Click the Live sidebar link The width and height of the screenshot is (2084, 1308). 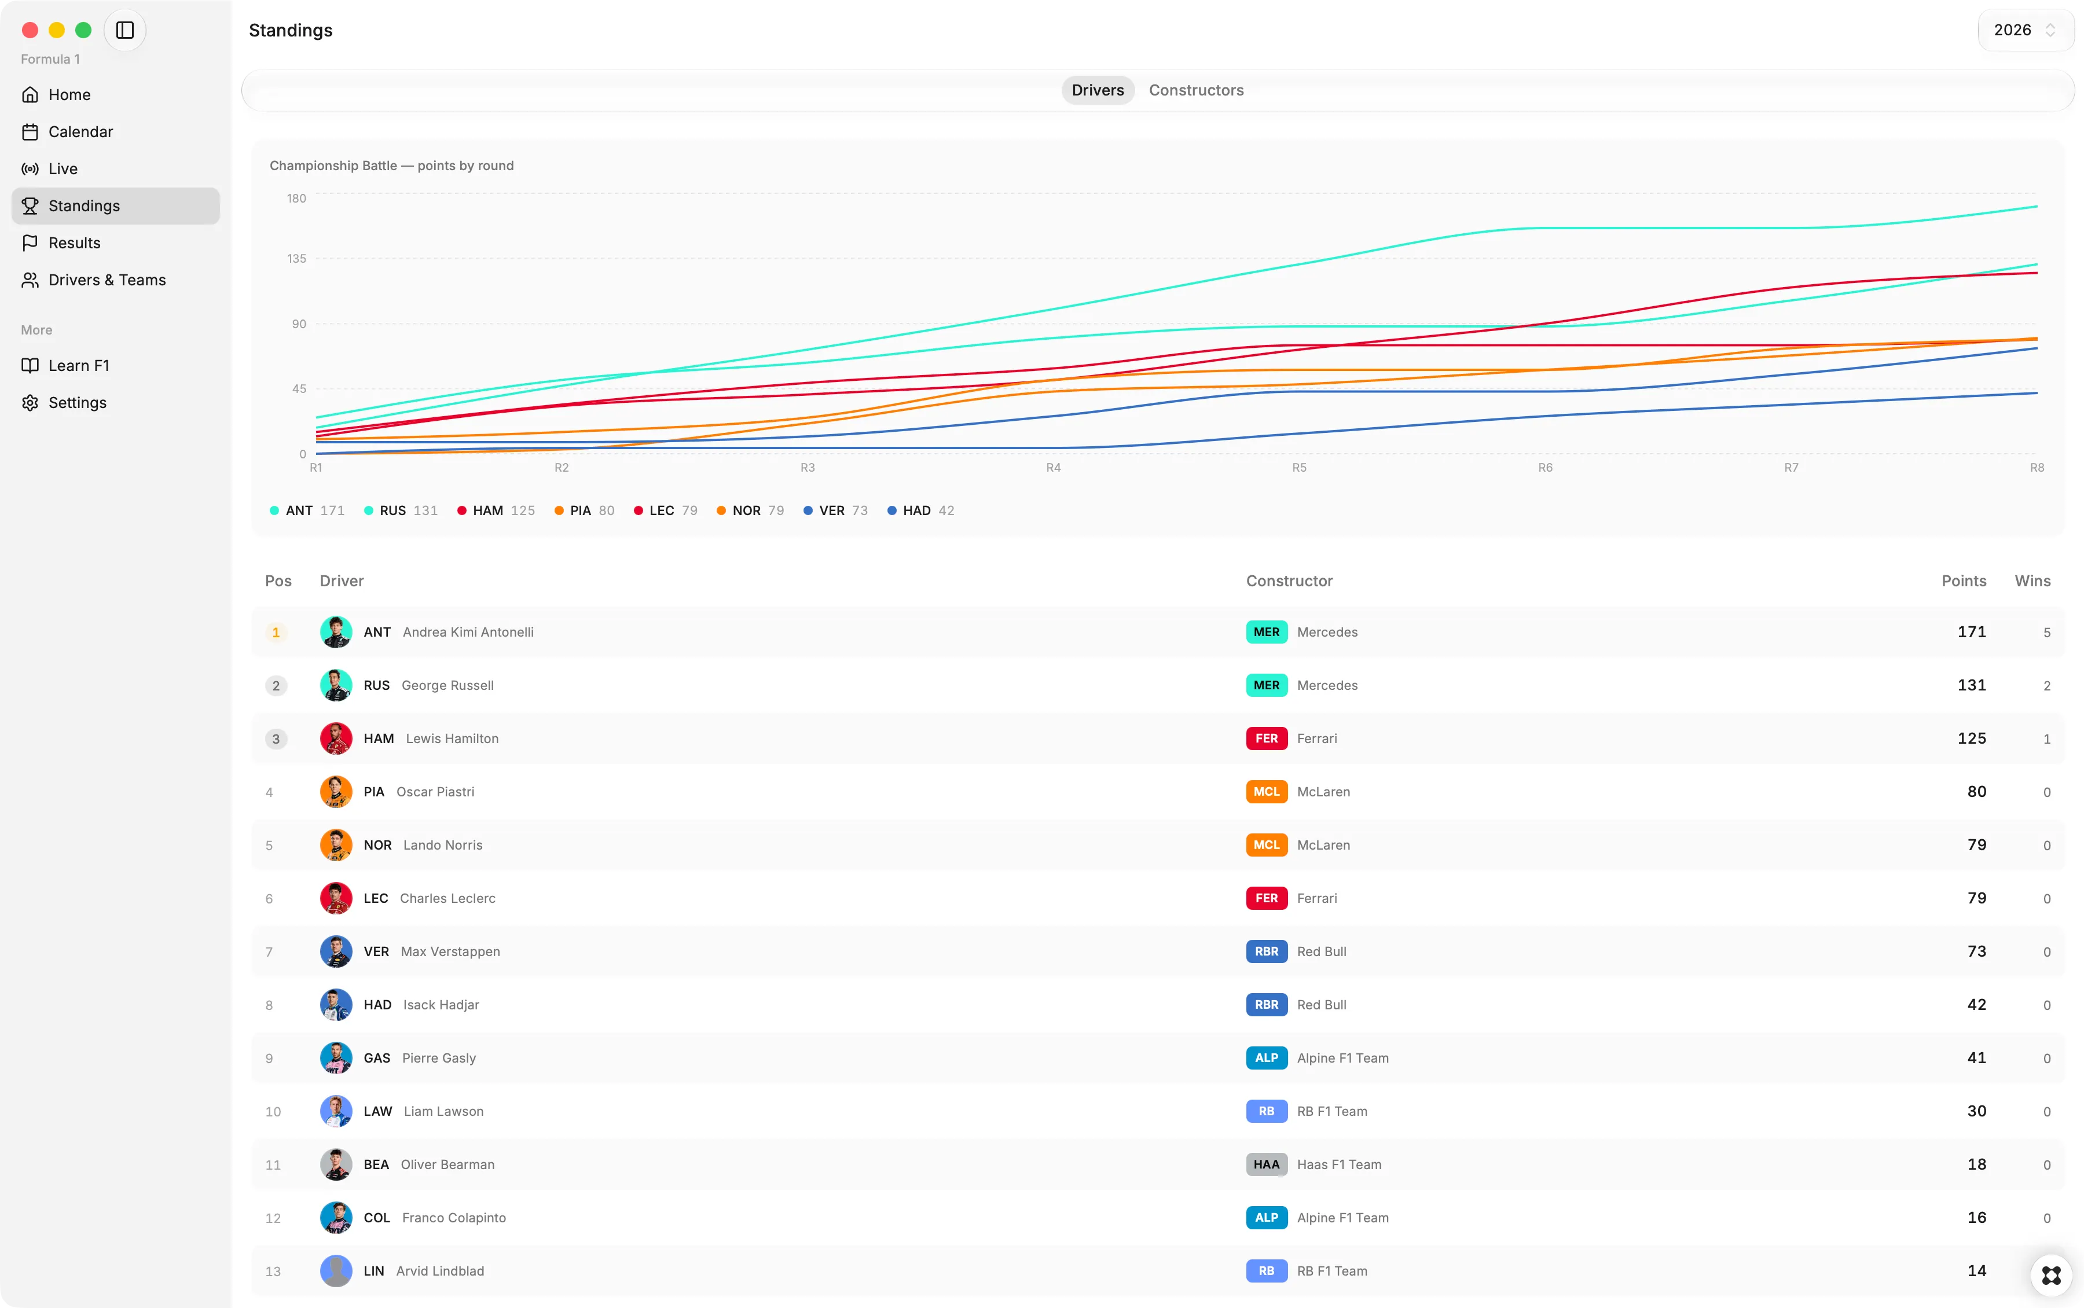coord(63,168)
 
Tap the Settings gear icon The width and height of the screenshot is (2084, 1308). coord(30,402)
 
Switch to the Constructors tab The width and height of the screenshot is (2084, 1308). coord(1195,90)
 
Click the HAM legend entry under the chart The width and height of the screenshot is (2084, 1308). coord(496,510)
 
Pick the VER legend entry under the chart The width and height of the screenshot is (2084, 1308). coord(835,510)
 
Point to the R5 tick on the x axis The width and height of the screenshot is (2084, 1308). coord(1298,467)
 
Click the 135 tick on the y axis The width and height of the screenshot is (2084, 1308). coord(297,259)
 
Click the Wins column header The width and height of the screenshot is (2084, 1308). coord(2032,580)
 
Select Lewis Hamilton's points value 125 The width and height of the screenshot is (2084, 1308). coord(1972,738)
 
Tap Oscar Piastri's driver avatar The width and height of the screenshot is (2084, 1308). coord(336,792)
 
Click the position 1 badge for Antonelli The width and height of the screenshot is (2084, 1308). coord(276,633)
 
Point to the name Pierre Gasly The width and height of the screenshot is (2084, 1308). coord(439,1058)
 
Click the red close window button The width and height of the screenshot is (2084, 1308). coord(30,30)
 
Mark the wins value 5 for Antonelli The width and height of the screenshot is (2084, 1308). coord(2047,633)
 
